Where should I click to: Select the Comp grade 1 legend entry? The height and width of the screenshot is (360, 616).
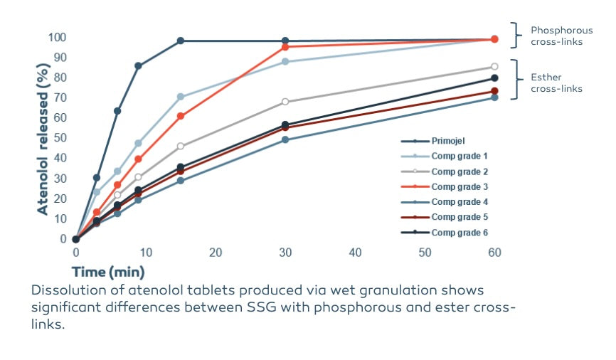point(459,156)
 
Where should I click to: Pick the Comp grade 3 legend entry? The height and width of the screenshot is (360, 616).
point(459,186)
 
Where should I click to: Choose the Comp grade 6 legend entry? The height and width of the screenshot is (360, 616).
point(459,233)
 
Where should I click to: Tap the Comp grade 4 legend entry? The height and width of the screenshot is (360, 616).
point(459,202)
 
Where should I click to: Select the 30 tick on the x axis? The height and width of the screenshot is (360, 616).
point(285,253)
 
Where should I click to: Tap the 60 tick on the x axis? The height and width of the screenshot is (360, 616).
point(494,253)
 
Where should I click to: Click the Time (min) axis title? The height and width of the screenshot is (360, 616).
point(107,272)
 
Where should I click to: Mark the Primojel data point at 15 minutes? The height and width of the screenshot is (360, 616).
point(181,41)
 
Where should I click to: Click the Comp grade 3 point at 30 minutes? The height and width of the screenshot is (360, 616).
point(285,47)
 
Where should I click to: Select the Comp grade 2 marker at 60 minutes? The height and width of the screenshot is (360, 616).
point(494,67)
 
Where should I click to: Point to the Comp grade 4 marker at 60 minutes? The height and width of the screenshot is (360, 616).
point(494,97)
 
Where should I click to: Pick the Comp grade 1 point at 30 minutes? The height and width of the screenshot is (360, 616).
point(285,62)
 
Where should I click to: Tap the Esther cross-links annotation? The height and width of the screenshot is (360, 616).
point(556,83)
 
